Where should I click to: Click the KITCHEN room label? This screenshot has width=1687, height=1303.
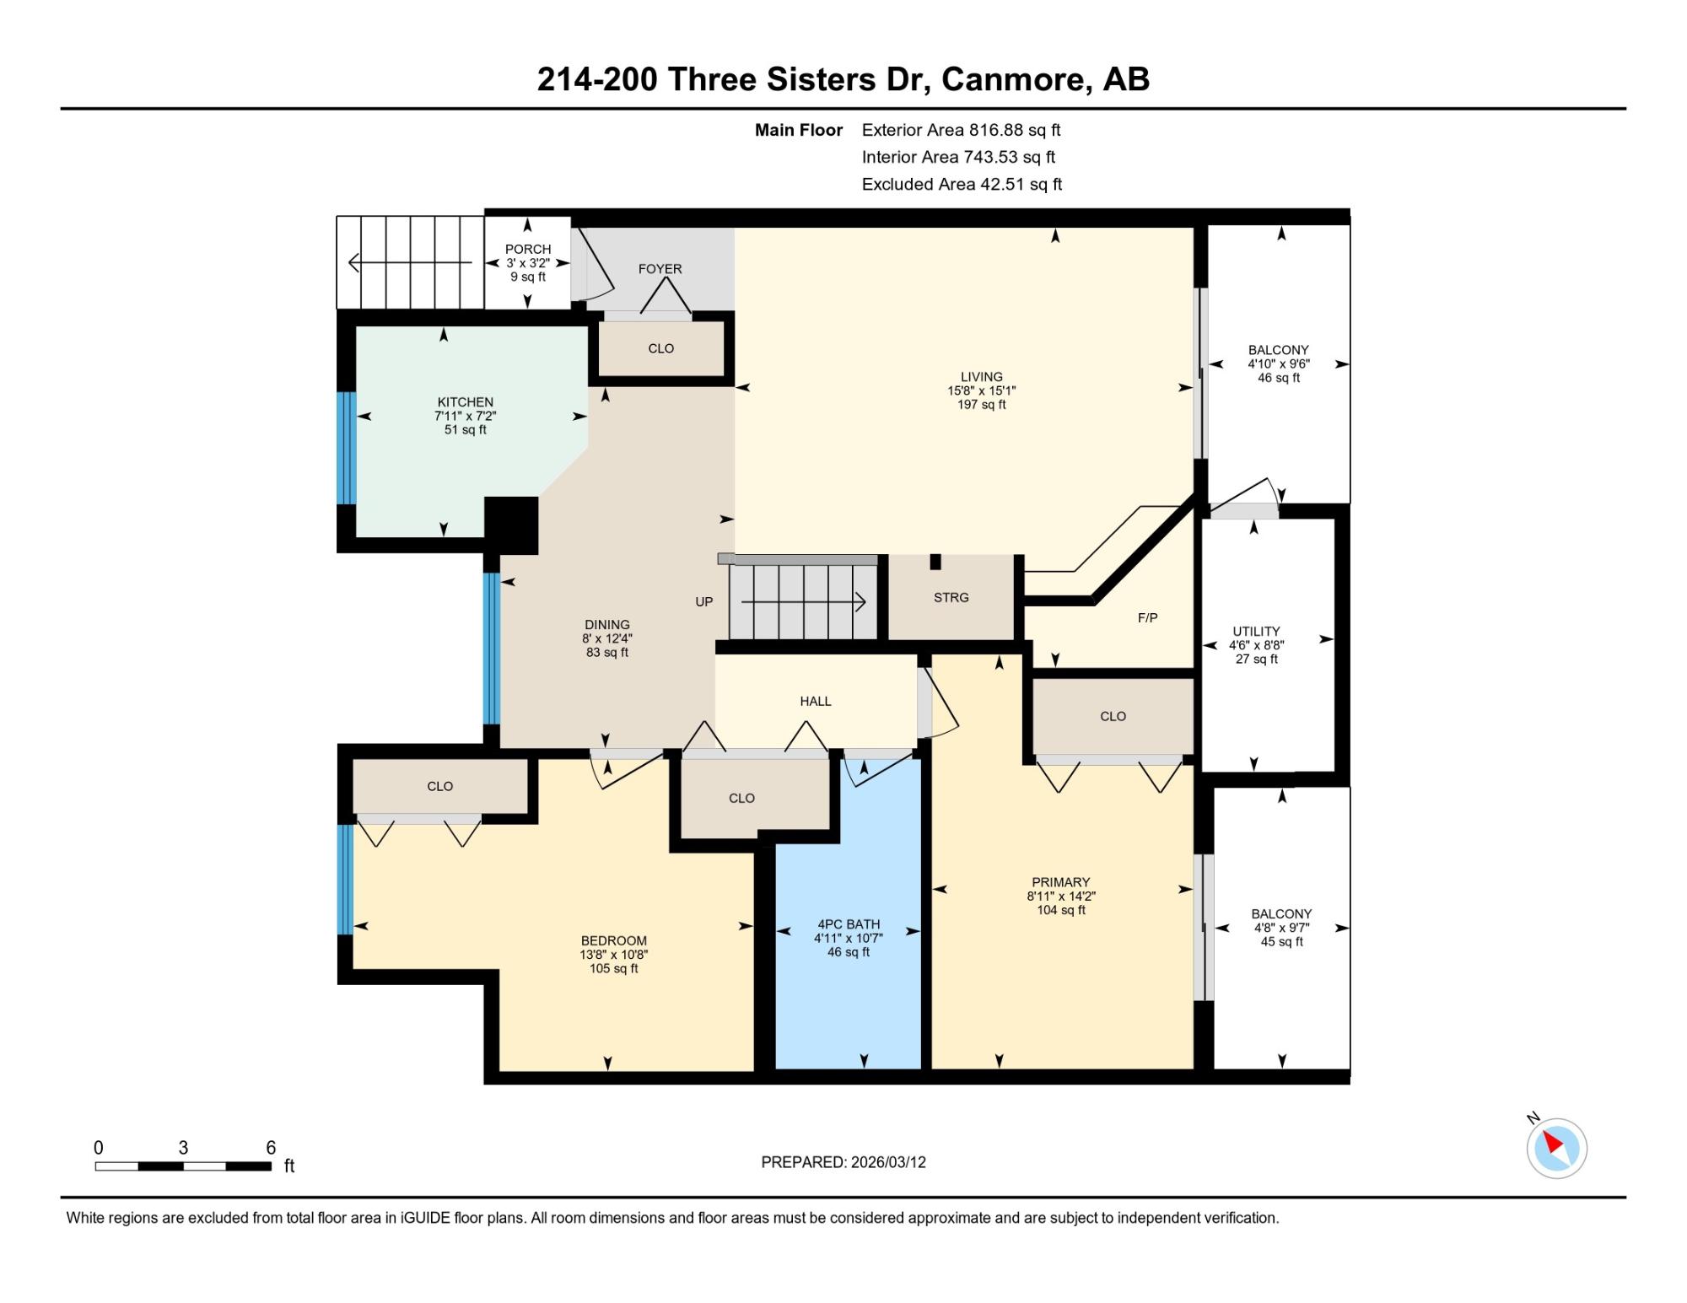pos(466,402)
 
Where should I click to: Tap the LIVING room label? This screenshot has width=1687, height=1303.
pos(982,377)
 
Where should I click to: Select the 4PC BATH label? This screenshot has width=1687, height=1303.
pos(849,924)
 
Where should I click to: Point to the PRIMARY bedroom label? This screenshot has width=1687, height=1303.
pos(1061,882)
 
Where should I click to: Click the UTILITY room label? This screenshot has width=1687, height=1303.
pos(1257,631)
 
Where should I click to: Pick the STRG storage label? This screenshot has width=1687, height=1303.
pos(951,597)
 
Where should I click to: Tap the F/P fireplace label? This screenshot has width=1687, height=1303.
pos(1147,617)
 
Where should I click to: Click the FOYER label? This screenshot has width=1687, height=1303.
pos(660,269)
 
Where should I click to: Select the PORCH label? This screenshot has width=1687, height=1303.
pos(528,249)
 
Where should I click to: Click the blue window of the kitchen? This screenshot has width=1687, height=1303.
pos(347,448)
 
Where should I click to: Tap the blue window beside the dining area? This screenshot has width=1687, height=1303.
pos(492,649)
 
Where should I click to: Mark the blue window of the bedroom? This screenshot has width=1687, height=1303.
pos(346,880)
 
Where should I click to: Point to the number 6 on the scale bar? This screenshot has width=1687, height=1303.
pos(271,1148)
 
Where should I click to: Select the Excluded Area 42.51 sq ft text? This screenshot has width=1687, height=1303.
pos(962,184)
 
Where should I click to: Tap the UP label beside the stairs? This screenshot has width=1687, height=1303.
pos(704,601)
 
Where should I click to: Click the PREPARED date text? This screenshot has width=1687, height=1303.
pos(843,1162)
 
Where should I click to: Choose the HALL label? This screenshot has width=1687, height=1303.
pos(816,701)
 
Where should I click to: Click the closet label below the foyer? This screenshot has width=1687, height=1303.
pos(661,348)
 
